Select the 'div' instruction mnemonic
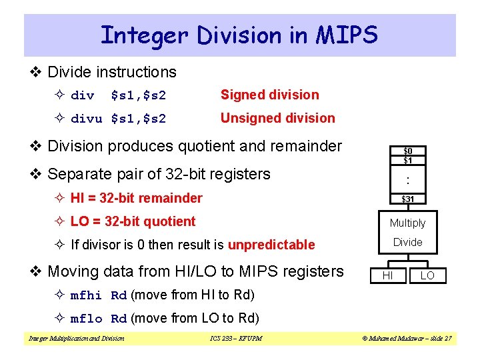(x=83, y=95)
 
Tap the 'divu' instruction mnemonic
(x=87, y=119)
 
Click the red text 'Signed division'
(x=269, y=95)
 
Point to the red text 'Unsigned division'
(x=277, y=118)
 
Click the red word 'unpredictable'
(x=271, y=245)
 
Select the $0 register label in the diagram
(x=407, y=151)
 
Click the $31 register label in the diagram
(x=407, y=199)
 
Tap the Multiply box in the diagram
(x=407, y=223)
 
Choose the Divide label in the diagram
(x=407, y=242)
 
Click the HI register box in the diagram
(x=387, y=275)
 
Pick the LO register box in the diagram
(x=427, y=275)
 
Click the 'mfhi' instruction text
(x=86, y=295)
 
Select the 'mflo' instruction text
(x=86, y=318)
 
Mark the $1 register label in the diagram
(x=407, y=160)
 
